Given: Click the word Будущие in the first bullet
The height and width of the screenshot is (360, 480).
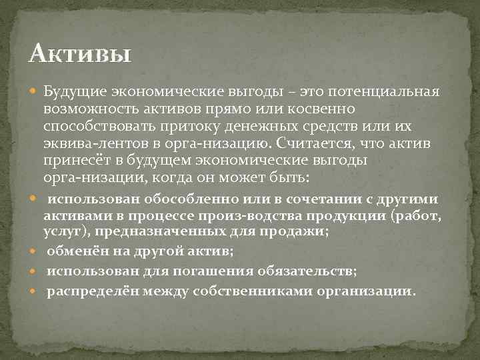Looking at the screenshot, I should coord(68,91).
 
